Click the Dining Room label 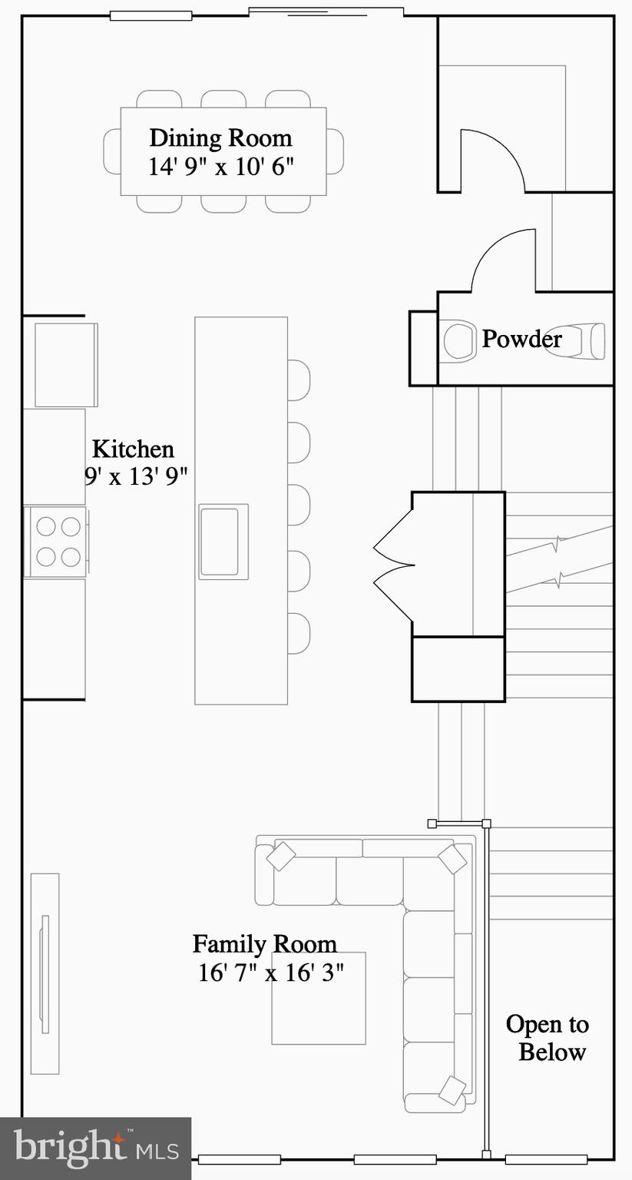click(220, 138)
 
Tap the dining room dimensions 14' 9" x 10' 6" click(221, 167)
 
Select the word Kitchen click(133, 449)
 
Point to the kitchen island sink click(223, 542)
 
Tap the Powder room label click(521, 339)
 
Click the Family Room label click(264, 943)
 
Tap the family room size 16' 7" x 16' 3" click(270, 973)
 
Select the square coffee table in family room click(319, 1014)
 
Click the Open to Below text click(548, 1038)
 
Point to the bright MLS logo click(95, 1149)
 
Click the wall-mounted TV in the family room click(45, 974)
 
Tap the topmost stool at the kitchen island click(299, 380)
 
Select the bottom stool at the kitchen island click(299, 633)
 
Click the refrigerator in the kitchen click(65, 365)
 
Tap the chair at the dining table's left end click(112, 151)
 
